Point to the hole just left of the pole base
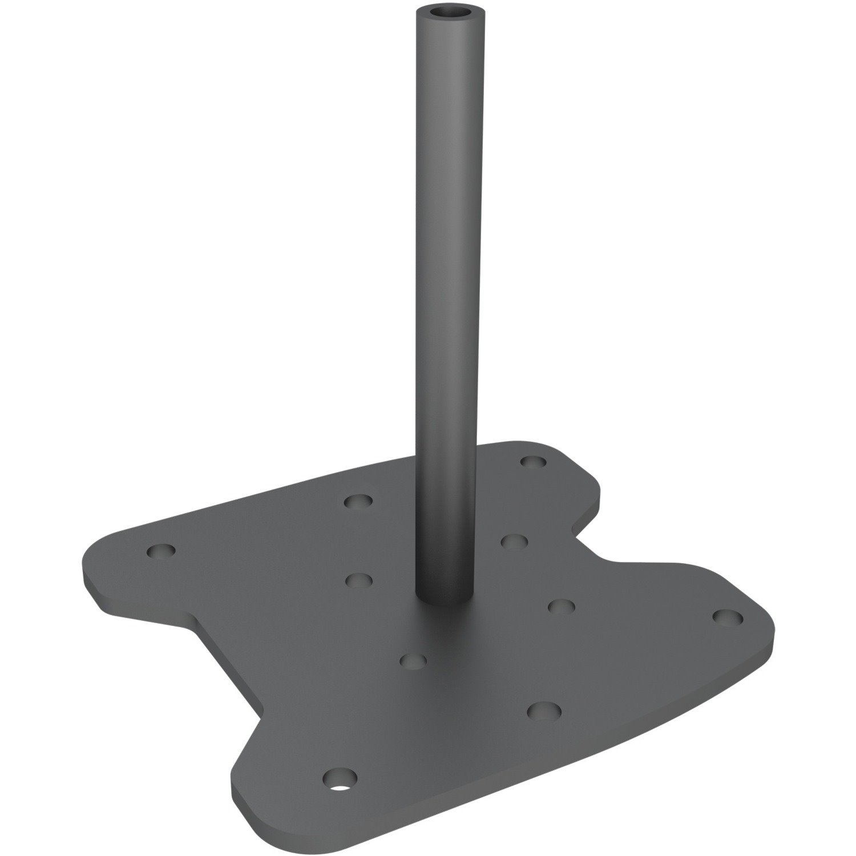tap(359, 564)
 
